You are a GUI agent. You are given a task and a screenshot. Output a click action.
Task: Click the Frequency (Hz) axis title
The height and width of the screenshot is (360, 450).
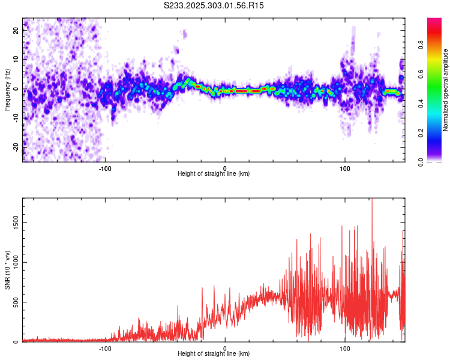pyautogui.click(x=7, y=90)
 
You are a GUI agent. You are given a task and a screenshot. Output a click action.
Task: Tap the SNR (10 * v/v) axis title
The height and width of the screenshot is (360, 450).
pyautogui.click(x=7, y=270)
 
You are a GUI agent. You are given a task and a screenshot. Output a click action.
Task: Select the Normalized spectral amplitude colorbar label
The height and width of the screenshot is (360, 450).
pyautogui.click(x=446, y=90)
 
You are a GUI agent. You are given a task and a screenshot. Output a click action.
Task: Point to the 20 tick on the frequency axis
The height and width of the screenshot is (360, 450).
pyautogui.click(x=17, y=31)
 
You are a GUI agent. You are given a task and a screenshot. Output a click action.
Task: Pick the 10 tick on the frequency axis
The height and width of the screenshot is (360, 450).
pyautogui.click(x=17, y=60)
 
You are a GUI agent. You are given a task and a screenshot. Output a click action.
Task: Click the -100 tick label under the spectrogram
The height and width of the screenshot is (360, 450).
pyautogui.click(x=105, y=167)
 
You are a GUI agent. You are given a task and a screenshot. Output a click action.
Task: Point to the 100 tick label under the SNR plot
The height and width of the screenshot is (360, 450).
pyautogui.click(x=345, y=347)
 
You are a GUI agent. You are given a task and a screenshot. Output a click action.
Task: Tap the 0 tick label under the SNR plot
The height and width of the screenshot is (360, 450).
pyautogui.click(x=225, y=347)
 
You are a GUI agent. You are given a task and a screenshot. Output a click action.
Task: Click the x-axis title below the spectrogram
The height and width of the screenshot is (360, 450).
pyautogui.click(x=214, y=173)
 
